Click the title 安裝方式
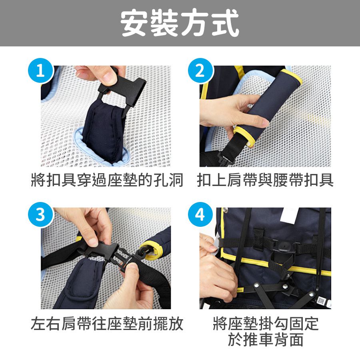[180, 23]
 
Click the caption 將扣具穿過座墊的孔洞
[107, 180]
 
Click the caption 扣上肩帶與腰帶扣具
[265, 180]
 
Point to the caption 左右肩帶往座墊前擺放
[107, 324]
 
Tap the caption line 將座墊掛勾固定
[265, 324]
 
